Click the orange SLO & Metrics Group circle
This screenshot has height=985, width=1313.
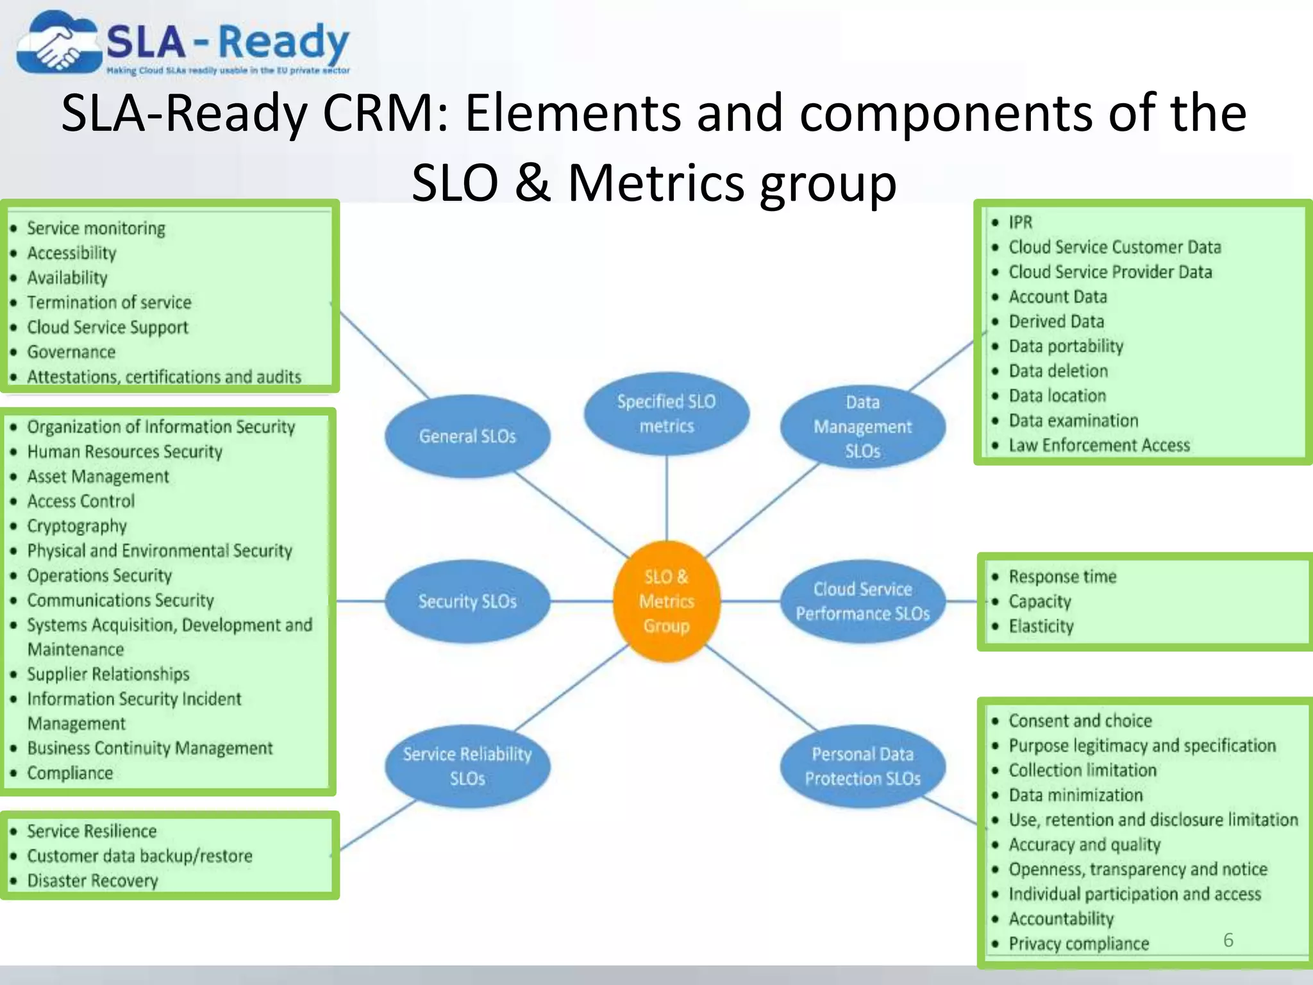[666, 601]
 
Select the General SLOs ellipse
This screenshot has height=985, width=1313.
[467, 436]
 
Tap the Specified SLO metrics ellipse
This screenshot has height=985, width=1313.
[666, 414]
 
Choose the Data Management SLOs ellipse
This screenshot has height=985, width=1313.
[862, 426]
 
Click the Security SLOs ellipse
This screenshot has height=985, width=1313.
[467, 601]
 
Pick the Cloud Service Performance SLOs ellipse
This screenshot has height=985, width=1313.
[862, 601]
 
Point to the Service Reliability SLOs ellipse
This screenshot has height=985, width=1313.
[467, 766]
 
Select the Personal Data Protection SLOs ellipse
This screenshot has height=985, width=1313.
[862, 766]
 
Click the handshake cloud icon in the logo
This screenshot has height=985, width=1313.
[58, 44]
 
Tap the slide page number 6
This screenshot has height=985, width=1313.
[1228, 940]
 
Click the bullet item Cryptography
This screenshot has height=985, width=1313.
[77, 526]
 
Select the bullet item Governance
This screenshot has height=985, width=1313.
[71, 352]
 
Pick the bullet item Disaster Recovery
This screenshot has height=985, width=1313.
[92, 880]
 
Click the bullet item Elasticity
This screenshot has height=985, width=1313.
[1041, 626]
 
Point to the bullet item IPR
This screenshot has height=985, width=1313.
[1020, 222]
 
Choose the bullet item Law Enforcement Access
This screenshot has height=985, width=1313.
[1099, 445]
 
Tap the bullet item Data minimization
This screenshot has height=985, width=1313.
[1075, 795]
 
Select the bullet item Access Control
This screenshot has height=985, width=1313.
[81, 501]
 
